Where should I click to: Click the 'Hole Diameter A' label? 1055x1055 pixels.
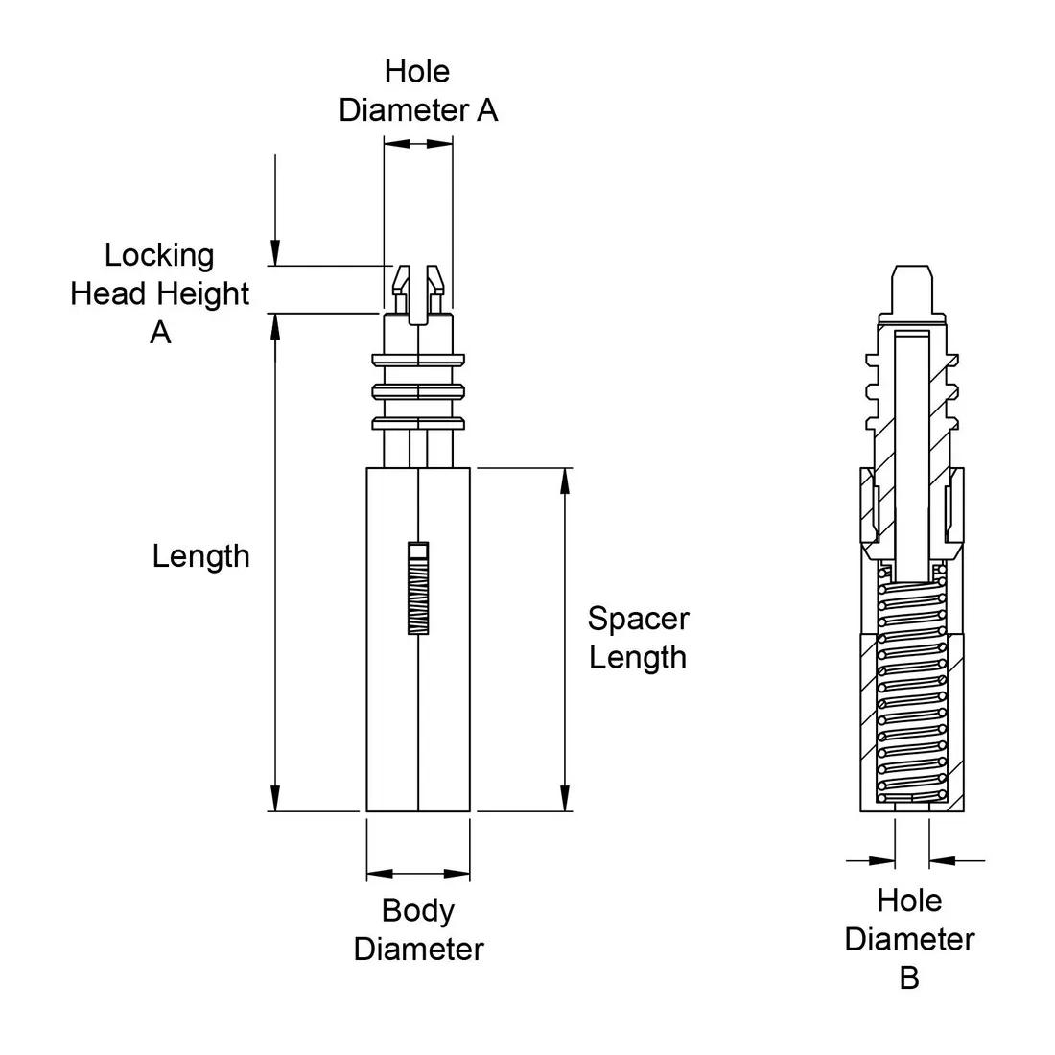coord(418,91)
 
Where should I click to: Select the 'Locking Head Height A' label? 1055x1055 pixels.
coord(160,293)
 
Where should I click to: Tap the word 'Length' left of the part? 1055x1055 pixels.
coord(200,556)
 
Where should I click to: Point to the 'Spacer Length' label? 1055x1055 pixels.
coord(638,638)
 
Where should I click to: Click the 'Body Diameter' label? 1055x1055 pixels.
coord(418,929)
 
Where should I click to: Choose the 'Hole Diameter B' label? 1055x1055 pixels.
coord(909,939)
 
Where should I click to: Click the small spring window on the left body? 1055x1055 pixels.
coord(418,588)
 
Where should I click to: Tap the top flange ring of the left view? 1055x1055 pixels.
coord(418,361)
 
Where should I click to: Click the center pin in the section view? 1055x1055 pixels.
coord(912,451)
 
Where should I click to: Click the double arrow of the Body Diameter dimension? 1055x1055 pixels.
coord(418,874)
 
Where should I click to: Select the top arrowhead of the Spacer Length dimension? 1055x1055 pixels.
coord(565,480)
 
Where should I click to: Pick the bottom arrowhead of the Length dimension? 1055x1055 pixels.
coord(276,799)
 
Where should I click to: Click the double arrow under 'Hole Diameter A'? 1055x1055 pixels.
coord(418,143)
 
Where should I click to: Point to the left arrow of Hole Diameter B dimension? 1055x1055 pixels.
coord(881,860)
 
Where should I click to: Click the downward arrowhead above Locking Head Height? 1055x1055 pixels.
coord(276,253)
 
